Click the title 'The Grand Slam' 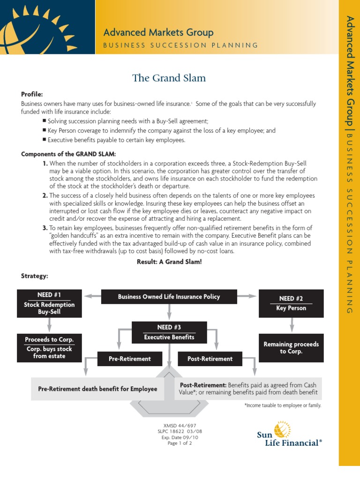pyautogui.click(x=169, y=78)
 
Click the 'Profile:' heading pyautogui.click(x=32, y=94)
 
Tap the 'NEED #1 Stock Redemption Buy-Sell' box pyautogui.click(x=49, y=303)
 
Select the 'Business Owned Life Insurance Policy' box pyautogui.click(x=169, y=297)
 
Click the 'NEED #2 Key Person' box pyautogui.click(x=291, y=303)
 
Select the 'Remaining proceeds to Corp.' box pyautogui.click(x=291, y=348)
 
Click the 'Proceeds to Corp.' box pyautogui.click(x=49, y=347)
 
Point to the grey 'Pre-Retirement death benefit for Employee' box pyautogui.click(x=97, y=389)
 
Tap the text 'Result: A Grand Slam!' pyautogui.click(x=169, y=262)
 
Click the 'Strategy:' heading pyautogui.click(x=34, y=276)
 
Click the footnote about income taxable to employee pyautogui.click(x=283, y=405)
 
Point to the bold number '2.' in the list pyautogui.click(x=45, y=195)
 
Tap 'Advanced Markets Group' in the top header pyautogui.click(x=158, y=32)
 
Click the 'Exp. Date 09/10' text pyautogui.click(x=180, y=437)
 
